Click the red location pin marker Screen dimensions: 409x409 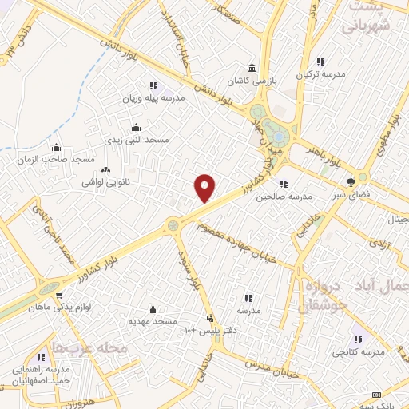point(205,189)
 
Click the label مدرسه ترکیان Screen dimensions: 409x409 point(320,74)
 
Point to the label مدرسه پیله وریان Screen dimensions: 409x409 point(153,98)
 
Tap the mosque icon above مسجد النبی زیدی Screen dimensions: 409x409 point(136,127)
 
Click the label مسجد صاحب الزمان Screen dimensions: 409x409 point(56,160)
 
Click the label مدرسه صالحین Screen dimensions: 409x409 point(282,197)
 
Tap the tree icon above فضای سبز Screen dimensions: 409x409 point(351,181)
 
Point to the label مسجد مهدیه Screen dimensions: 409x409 point(153,320)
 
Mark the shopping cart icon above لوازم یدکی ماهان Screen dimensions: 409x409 point(59,294)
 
